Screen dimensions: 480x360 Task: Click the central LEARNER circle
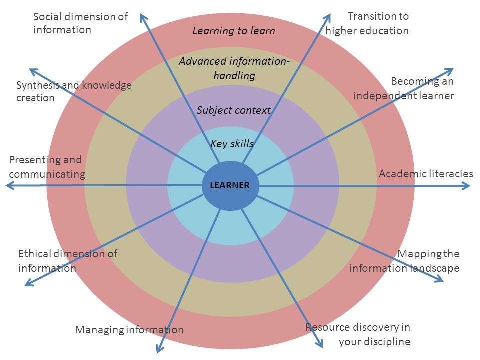click(x=230, y=186)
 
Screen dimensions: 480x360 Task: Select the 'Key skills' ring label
click(x=232, y=143)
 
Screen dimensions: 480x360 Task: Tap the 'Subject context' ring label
click(x=233, y=110)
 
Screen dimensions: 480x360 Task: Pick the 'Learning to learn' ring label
click(x=234, y=31)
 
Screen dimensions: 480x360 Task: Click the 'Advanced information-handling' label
click(x=234, y=68)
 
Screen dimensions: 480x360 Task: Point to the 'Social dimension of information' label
click(x=80, y=23)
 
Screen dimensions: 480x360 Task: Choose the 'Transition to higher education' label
click(x=367, y=23)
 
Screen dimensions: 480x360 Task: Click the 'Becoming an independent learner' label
click(x=404, y=89)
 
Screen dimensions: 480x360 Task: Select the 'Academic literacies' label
click(x=426, y=174)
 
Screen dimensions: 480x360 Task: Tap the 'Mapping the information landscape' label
click(x=404, y=261)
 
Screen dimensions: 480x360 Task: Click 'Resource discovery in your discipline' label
click(x=358, y=334)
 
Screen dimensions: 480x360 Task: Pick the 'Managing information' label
click(x=129, y=330)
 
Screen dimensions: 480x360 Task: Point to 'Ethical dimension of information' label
click(x=68, y=261)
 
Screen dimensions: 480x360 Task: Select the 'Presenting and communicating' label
click(x=47, y=167)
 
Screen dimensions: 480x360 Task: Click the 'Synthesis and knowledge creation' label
click(x=74, y=91)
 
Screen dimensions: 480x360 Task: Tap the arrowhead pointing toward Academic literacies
click(x=466, y=186)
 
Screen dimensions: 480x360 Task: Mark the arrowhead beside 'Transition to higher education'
click(x=327, y=18)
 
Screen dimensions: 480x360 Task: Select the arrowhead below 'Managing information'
click(x=160, y=348)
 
